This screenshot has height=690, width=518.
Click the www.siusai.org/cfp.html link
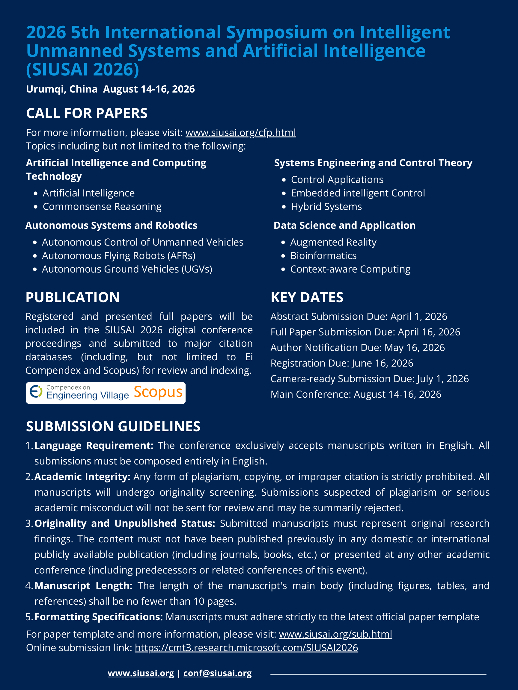tap(240, 133)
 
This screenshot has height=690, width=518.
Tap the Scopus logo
tap(158, 392)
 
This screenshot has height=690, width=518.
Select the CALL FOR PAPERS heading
tap(87, 113)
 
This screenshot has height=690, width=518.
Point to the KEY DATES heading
tap(307, 297)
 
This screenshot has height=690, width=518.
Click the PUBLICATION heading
tap(73, 297)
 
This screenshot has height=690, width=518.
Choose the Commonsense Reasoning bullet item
tap(102, 207)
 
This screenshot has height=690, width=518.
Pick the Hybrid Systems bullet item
tap(326, 207)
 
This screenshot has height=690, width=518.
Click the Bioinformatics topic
tap(323, 255)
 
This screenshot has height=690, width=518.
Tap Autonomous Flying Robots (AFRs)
tap(119, 255)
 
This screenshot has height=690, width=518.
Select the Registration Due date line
tap(342, 363)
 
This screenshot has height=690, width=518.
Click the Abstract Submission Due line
tap(359, 316)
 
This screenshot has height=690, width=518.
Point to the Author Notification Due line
tap(358, 347)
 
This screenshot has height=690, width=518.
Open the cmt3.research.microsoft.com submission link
tap(246, 647)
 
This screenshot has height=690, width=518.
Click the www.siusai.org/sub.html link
tap(335, 634)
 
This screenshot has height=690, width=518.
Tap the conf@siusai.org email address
tap(217, 673)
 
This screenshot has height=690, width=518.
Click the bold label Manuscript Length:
tap(83, 585)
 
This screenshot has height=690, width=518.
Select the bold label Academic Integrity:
tap(82, 477)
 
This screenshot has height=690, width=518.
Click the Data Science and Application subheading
tap(344, 225)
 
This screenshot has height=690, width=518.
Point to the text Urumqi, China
tap(62, 89)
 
